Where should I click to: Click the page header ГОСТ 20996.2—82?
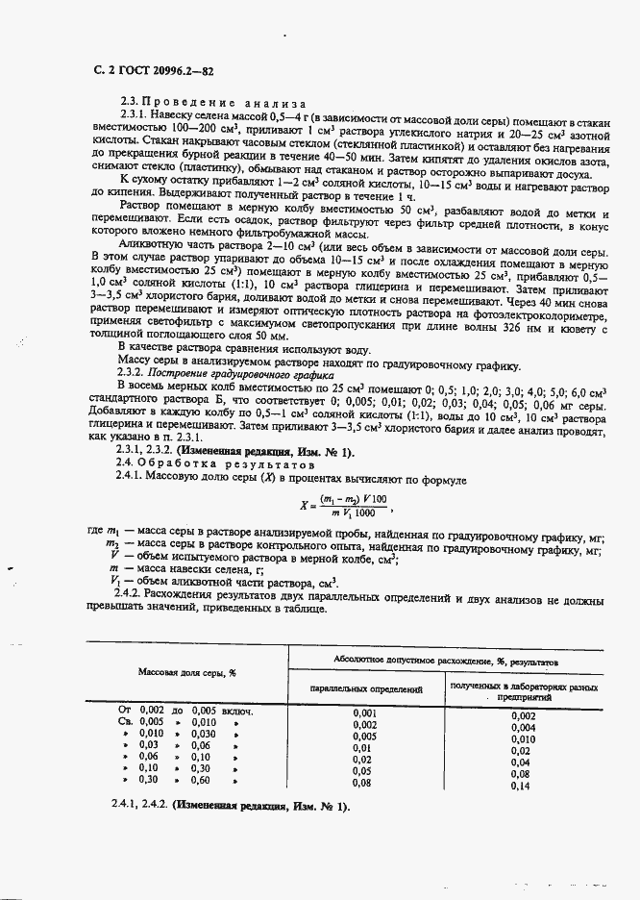pos(154,70)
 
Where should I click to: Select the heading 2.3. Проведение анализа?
pos(211,103)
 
